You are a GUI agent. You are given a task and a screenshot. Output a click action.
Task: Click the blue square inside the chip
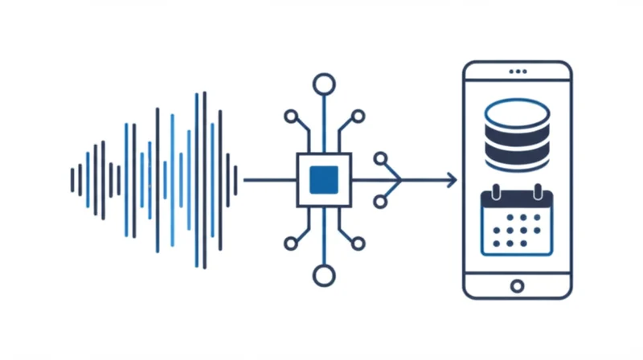[324, 179]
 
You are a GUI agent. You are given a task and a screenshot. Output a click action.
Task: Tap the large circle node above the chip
[324, 83]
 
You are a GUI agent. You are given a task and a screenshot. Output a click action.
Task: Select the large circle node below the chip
[324, 276]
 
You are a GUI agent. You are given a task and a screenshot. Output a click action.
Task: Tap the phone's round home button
[517, 285]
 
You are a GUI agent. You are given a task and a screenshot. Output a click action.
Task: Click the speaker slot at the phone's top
[517, 72]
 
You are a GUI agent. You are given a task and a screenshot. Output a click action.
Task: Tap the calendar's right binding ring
[539, 191]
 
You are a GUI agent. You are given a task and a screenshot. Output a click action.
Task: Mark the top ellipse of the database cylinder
[517, 112]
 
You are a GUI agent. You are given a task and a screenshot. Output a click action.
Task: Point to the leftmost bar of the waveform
[72, 180]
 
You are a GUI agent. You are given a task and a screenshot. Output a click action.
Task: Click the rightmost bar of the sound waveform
[235, 180]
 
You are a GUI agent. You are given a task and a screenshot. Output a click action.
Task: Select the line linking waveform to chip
[269, 180]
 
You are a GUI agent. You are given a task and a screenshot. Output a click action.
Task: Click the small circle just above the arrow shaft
[380, 158]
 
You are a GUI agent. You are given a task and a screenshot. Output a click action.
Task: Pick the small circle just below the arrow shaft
[380, 201]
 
